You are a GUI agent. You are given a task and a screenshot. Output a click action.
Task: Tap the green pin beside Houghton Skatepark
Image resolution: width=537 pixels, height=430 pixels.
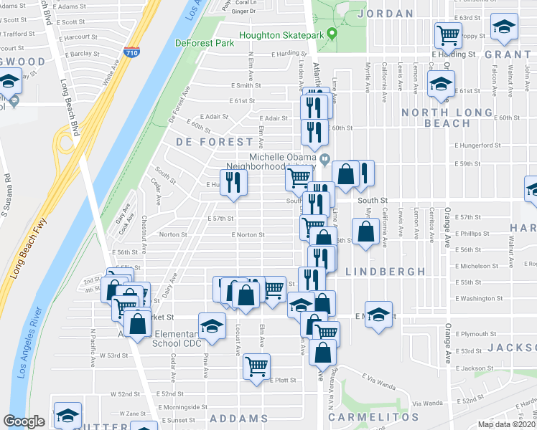click(332, 33)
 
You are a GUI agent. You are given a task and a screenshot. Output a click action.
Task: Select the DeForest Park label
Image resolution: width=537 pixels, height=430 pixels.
click(205, 43)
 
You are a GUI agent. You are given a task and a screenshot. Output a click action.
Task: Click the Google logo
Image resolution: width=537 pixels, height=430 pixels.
click(24, 421)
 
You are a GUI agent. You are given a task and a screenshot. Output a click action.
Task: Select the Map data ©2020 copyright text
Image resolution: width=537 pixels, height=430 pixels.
click(507, 424)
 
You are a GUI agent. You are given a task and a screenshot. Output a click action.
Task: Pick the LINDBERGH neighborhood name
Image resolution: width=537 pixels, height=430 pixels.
click(381, 272)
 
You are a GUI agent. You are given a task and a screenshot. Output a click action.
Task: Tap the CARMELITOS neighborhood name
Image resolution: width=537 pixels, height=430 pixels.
click(373, 417)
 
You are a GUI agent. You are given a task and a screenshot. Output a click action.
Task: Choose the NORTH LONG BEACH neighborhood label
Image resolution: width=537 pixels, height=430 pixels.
click(436, 118)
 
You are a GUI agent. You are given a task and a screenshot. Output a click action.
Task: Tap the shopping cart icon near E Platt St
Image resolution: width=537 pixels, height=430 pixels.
click(256, 366)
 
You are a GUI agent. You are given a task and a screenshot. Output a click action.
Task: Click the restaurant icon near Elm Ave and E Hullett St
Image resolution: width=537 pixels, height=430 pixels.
click(234, 181)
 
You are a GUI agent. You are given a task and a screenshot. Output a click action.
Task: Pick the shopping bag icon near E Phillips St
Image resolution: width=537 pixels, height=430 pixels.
click(366, 231)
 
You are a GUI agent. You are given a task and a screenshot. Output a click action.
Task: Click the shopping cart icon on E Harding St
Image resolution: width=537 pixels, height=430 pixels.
click(448, 34)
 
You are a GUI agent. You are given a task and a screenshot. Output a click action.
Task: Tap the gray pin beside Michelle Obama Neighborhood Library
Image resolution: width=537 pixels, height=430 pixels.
click(325, 159)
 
